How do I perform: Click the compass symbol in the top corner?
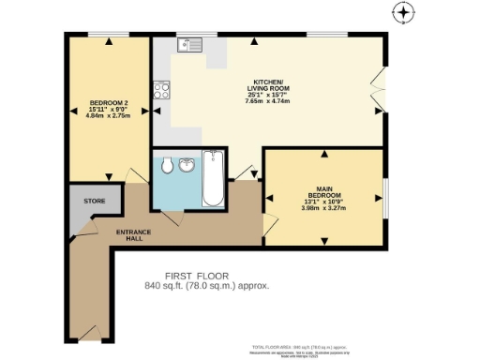coord(402,13)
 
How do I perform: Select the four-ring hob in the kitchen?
coord(161,92)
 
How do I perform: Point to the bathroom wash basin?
coord(187,166)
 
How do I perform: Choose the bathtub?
coord(215,180)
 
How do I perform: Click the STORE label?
coord(94,201)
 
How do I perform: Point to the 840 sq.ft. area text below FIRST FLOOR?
coord(206,285)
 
